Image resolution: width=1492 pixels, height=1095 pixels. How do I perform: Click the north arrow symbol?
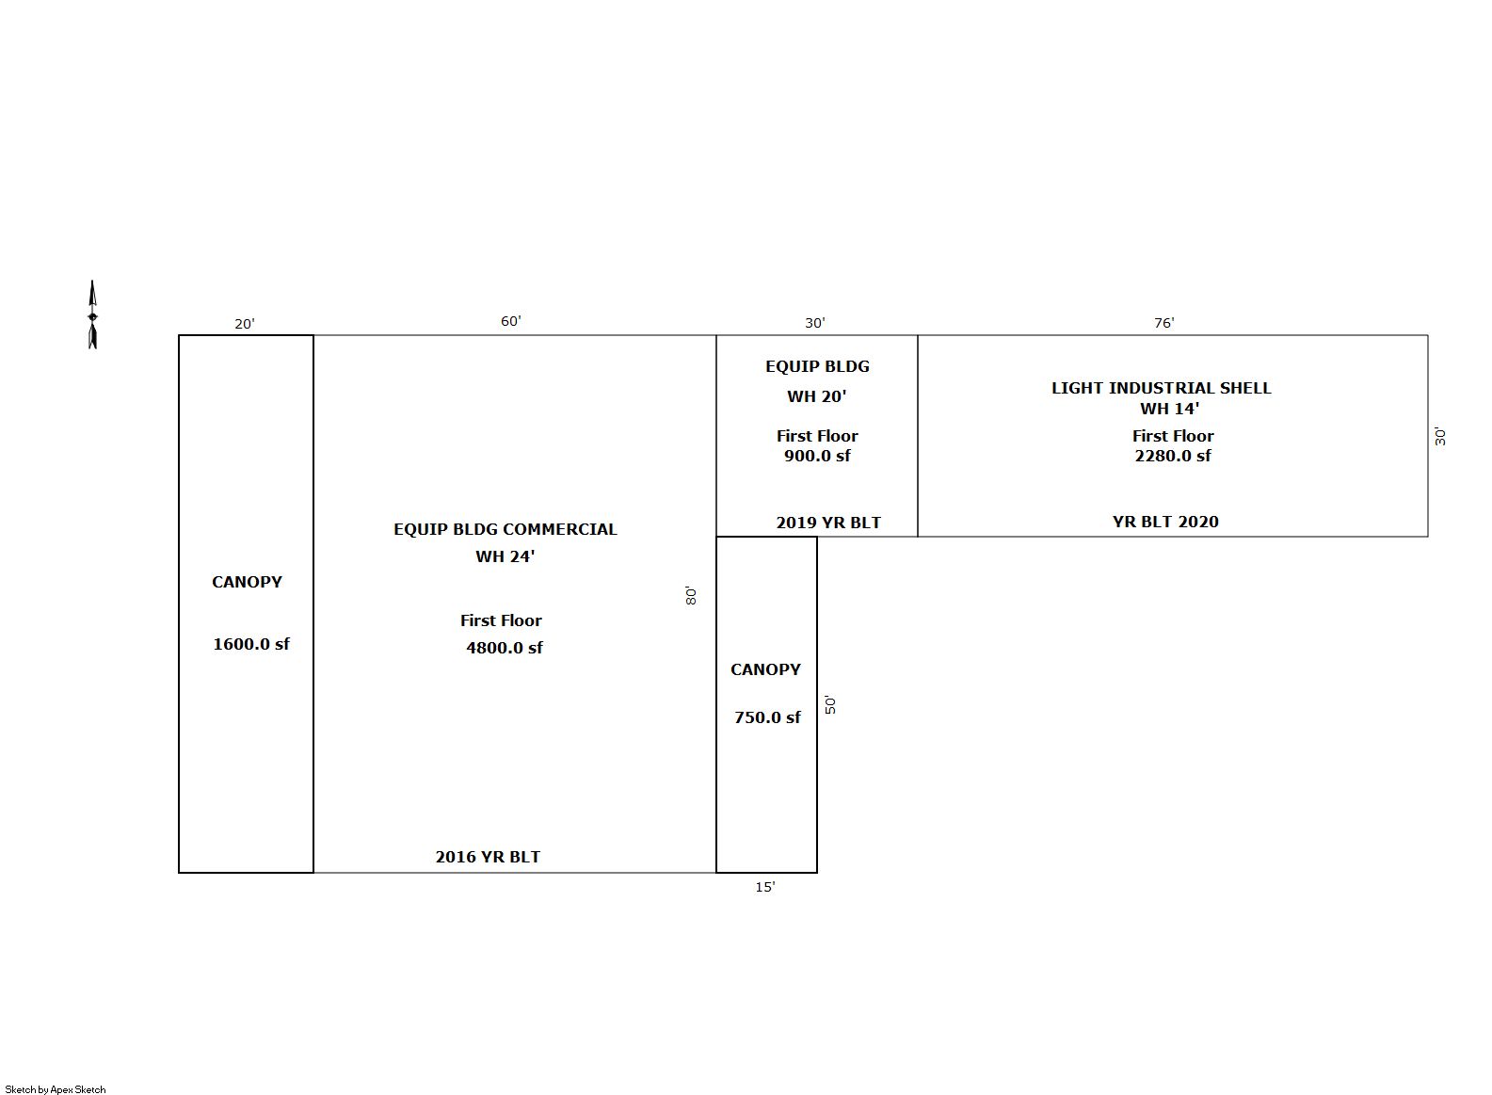click(x=92, y=314)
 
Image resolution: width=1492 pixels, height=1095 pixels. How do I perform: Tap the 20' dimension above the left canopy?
click(x=245, y=324)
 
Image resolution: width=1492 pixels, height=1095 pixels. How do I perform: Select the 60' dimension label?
click(x=511, y=322)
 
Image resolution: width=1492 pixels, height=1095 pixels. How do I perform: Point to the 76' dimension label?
click(x=1164, y=323)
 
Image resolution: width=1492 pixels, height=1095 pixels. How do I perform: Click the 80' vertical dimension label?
click(x=691, y=595)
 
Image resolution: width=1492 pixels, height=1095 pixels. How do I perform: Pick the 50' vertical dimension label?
click(x=830, y=704)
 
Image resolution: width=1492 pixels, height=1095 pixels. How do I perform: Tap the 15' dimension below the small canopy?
click(x=765, y=887)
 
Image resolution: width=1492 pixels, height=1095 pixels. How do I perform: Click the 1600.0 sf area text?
click(x=251, y=644)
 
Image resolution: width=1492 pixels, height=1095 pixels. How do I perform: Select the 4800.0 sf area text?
click(x=505, y=648)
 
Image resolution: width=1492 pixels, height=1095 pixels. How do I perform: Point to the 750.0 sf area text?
click(x=767, y=717)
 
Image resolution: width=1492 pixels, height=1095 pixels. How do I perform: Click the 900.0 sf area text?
click(x=817, y=456)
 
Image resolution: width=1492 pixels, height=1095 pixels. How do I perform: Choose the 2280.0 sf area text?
click(x=1173, y=456)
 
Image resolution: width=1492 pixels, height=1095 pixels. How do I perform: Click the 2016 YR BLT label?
click(x=488, y=857)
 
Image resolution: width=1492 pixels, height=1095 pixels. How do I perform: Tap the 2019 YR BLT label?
click(x=828, y=523)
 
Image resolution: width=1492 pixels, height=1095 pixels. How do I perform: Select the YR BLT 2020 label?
click(x=1165, y=522)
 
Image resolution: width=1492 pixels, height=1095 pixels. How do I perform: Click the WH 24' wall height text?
click(x=505, y=556)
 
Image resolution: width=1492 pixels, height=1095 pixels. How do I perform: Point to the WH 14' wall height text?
click(x=1170, y=409)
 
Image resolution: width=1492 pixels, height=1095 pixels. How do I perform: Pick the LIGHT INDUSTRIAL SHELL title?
click(x=1162, y=388)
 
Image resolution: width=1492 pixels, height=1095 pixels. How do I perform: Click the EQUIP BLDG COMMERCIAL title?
click(x=505, y=529)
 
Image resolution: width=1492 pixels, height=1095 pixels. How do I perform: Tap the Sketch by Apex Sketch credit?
click(x=56, y=1089)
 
